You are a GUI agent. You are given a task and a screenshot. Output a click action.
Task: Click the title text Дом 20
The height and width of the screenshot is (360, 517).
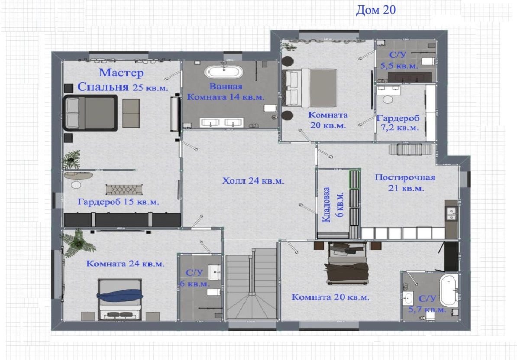(376, 10)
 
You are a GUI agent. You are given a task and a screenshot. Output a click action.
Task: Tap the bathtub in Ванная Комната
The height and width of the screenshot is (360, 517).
(224, 71)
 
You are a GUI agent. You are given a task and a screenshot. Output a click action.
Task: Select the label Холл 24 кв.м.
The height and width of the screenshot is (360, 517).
(253, 181)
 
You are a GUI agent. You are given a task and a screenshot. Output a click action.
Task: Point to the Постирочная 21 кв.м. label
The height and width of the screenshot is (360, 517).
(405, 182)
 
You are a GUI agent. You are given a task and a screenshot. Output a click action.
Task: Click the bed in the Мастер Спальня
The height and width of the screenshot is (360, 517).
(90, 113)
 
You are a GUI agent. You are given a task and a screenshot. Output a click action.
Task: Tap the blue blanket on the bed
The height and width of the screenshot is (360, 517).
(120, 295)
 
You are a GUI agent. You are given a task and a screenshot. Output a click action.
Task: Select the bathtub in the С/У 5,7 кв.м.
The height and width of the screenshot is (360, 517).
(449, 291)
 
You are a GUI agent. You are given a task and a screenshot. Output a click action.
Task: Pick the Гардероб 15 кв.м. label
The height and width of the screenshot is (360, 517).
(118, 202)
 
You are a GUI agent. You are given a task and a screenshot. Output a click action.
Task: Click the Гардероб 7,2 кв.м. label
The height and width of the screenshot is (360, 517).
(398, 123)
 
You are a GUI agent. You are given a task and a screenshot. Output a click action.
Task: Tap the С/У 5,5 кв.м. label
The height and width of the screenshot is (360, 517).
(399, 60)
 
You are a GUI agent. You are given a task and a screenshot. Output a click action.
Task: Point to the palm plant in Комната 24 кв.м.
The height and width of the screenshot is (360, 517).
(78, 243)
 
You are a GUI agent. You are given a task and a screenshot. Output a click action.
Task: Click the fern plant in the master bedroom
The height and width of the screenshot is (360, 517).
(72, 160)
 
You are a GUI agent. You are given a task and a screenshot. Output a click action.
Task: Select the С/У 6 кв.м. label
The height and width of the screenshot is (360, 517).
(194, 278)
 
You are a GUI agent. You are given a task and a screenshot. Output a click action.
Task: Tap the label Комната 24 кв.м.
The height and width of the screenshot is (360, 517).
(125, 264)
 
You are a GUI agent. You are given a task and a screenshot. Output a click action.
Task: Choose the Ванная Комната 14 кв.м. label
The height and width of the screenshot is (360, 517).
(226, 92)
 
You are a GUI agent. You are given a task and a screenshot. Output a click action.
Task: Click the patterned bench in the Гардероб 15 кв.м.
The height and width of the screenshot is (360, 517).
(124, 189)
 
